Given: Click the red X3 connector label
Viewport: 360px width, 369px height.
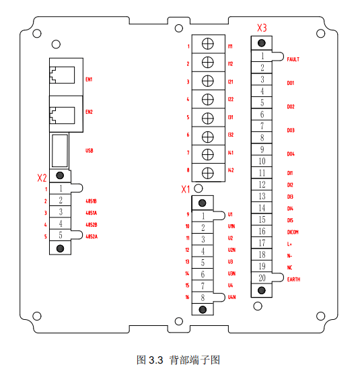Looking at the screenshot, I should (x=262, y=28).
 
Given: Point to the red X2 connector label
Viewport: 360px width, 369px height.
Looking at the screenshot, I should (x=42, y=178).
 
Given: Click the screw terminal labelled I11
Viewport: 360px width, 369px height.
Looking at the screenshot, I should (x=209, y=46).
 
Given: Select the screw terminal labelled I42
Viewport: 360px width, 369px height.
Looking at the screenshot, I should (x=209, y=170).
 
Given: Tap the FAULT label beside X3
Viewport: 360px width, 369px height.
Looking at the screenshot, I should (x=293, y=59).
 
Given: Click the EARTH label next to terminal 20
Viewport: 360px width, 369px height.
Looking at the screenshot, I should (x=293, y=279).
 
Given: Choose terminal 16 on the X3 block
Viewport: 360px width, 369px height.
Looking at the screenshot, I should (x=262, y=231).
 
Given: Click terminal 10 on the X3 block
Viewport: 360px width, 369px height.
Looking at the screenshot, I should (x=262, y=161).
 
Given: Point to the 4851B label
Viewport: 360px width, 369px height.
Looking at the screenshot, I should (x=92, y=201).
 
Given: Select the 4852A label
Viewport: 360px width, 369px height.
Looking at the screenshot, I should (x=92, y=236).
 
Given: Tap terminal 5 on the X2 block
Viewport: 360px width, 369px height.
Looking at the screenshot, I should (x=61, y=236).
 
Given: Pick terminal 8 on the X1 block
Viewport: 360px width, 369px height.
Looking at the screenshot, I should (x=203, y=297).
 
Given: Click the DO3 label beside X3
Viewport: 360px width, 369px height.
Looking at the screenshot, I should (x=291, y=130).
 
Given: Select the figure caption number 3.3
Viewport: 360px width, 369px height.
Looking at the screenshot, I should (x=155, y=359).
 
